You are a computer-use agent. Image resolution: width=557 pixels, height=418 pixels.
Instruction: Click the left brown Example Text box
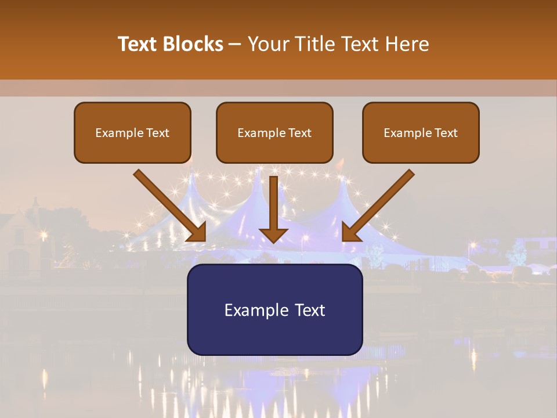132,132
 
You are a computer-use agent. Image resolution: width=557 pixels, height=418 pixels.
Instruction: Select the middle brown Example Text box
274,132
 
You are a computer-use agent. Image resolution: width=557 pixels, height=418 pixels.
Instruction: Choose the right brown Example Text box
421,132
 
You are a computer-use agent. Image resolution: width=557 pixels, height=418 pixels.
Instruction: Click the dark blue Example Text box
274,309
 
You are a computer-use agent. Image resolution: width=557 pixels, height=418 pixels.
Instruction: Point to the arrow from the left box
169,205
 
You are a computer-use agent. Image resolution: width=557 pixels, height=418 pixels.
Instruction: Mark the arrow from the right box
378,205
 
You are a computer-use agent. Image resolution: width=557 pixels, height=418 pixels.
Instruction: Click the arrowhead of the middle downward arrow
273,235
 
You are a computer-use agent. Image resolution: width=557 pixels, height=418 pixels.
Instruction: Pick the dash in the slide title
235,45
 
